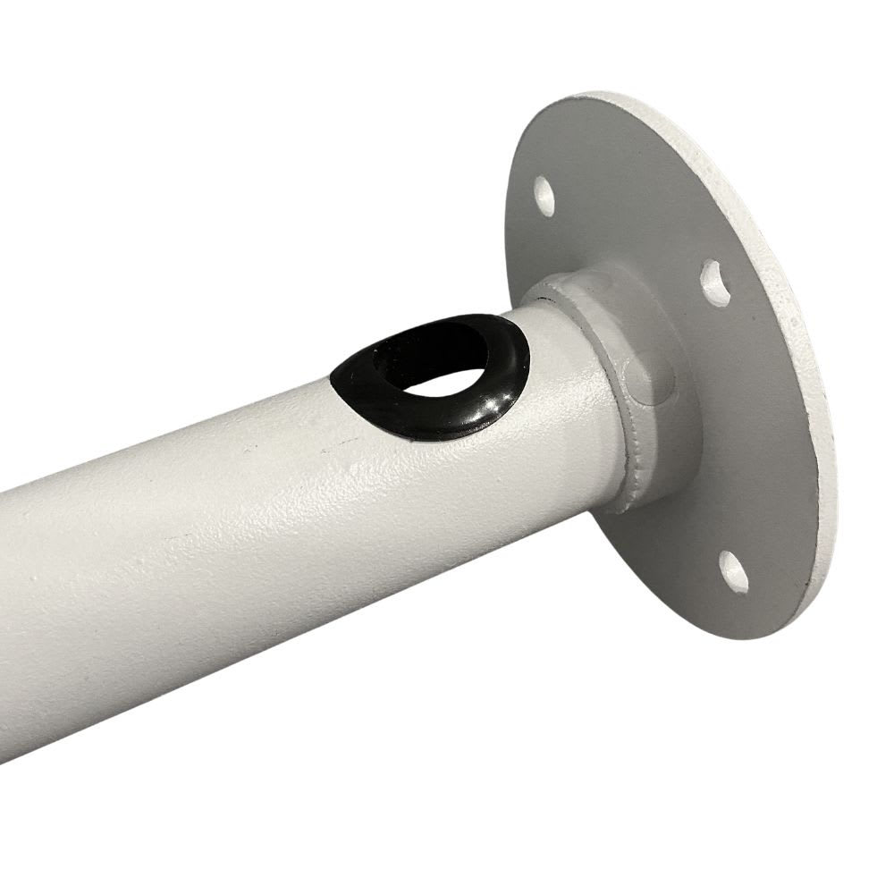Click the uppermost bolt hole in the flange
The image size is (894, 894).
point(544,195)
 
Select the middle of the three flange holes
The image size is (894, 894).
point(715,280)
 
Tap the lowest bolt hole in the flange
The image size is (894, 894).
point(733,572)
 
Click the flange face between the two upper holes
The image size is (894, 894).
point(626,215)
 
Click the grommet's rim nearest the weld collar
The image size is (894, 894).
point(523,358)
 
